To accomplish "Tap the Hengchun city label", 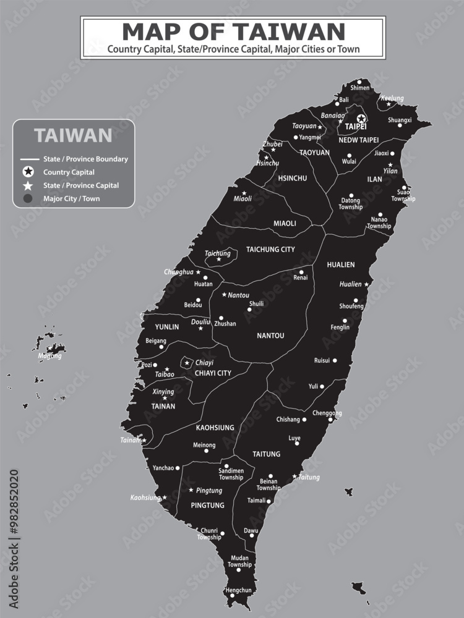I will tap(239, 590).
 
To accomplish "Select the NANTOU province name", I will tap(270, 336).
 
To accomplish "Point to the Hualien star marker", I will tap(366, 284).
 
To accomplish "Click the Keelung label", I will tap(392, 98).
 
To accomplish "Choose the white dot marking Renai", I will tap(301, 272).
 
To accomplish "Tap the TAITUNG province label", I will tap(266, 454).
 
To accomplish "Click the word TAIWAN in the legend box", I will tap(73, 135).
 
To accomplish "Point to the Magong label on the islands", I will tap(50, 356).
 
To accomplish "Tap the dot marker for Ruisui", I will tap(335, 360).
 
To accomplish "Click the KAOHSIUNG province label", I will tap(215, 427).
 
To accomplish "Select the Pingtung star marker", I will tap(191, 490).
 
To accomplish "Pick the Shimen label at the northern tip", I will tap(360, 88).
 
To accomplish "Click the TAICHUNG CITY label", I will tap(270, 250).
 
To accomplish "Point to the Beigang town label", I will tap(155, 341).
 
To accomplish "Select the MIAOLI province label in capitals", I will tap(285, 223).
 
